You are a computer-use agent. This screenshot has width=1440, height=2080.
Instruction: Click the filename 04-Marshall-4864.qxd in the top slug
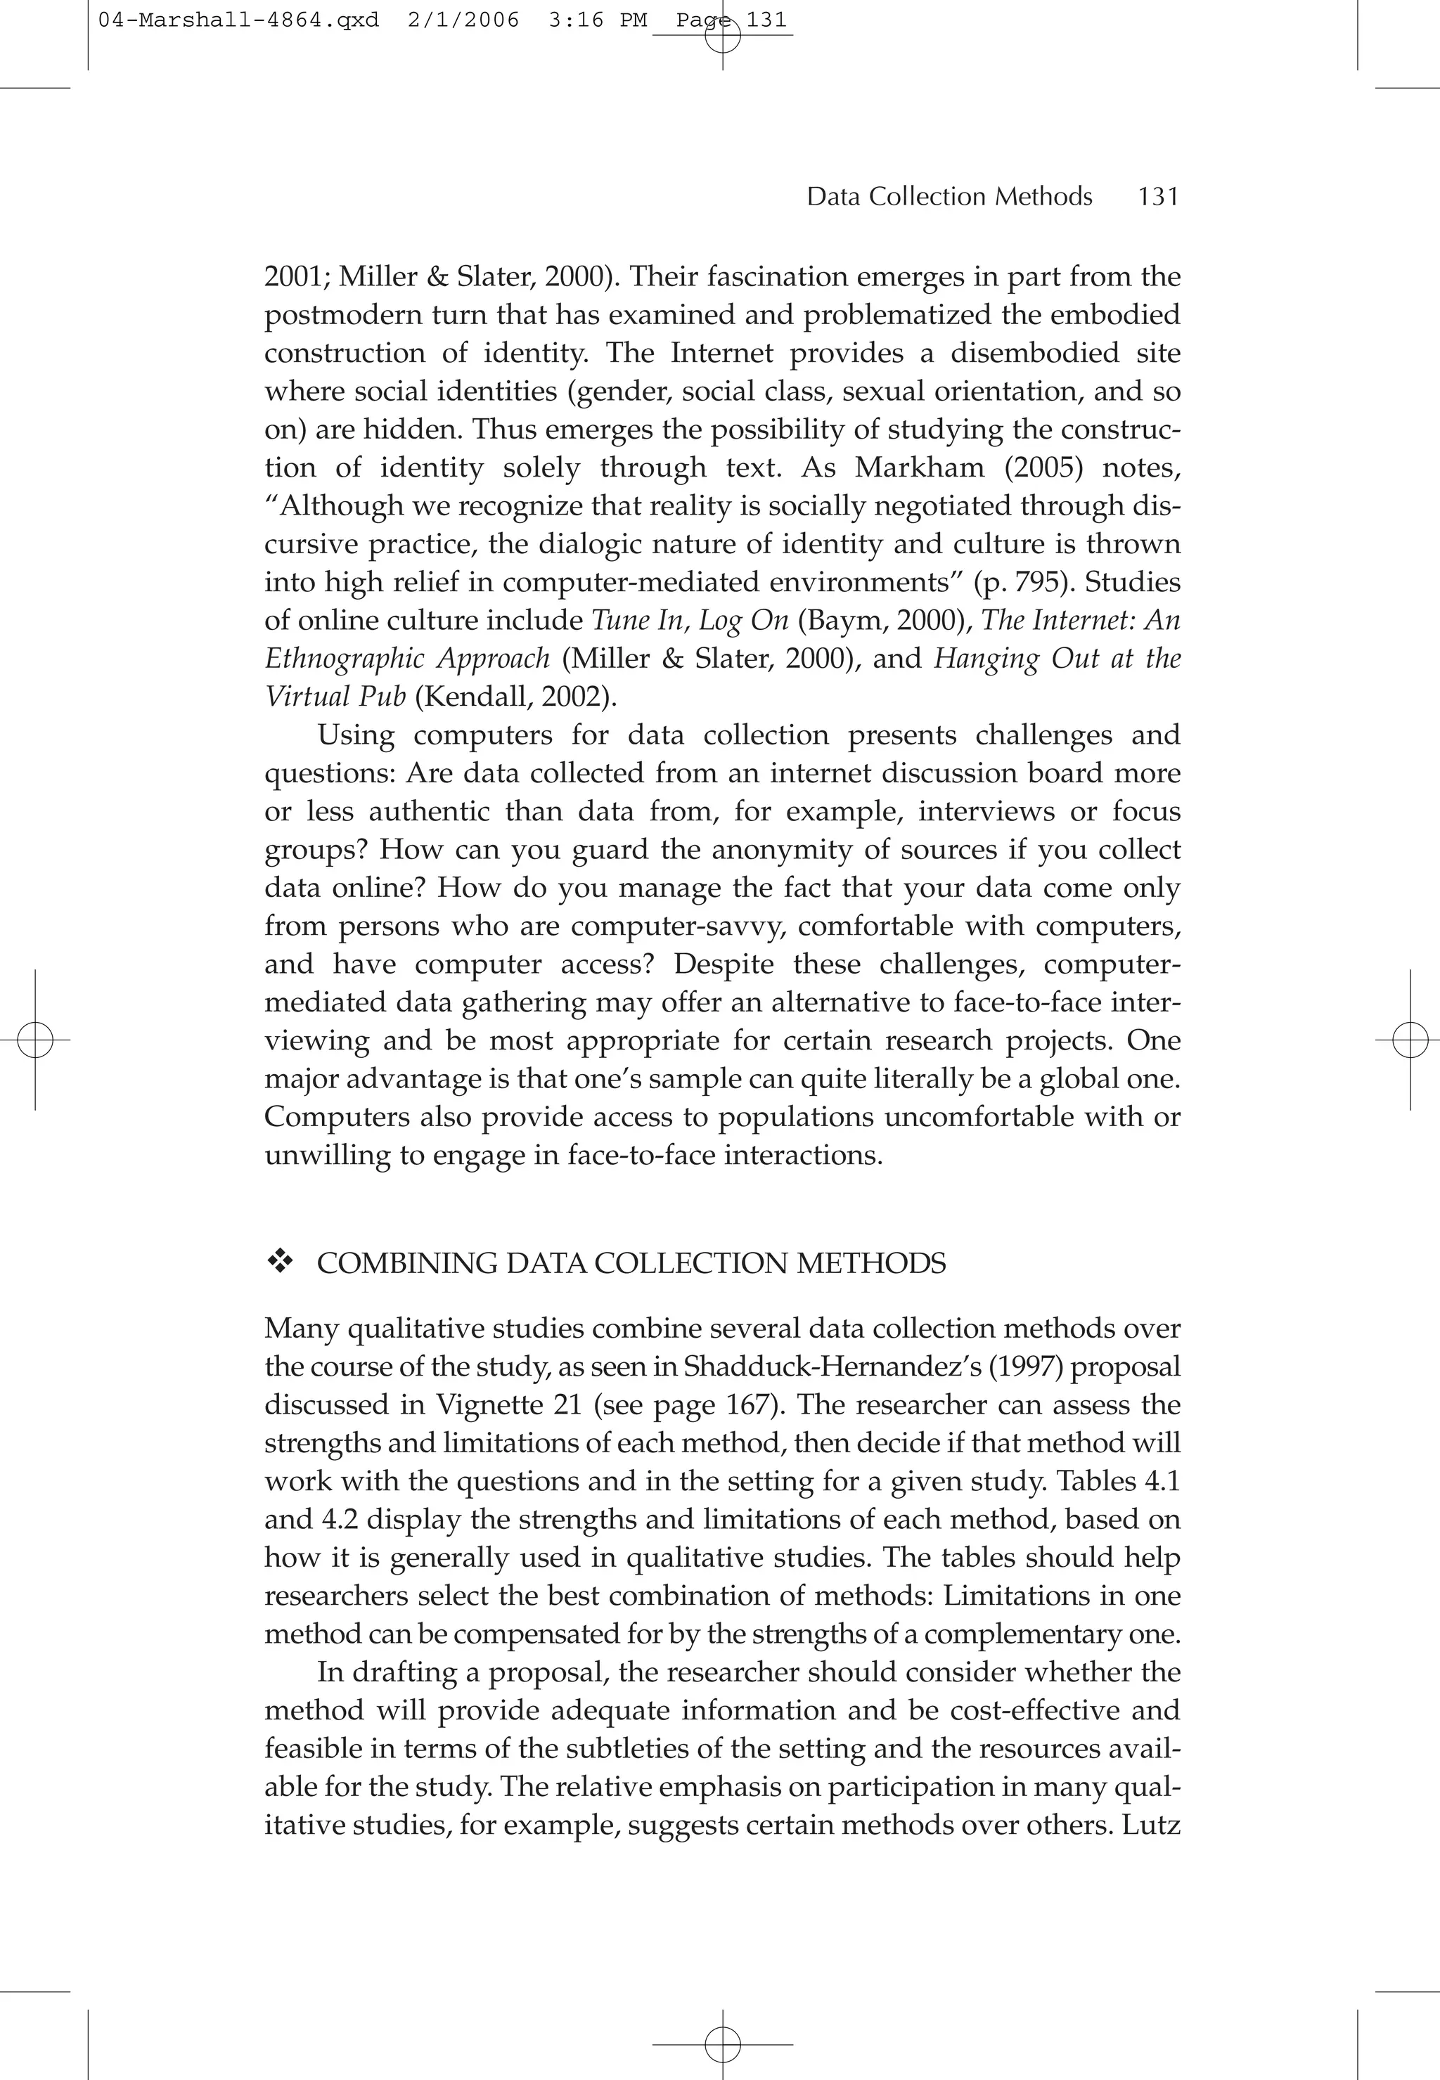click(238, 20)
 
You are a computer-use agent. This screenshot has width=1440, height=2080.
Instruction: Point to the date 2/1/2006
click(463, 20)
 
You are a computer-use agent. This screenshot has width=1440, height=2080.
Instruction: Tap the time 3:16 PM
click(597, 20)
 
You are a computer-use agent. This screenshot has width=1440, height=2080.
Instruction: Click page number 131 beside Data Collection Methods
click(1159, 197)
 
